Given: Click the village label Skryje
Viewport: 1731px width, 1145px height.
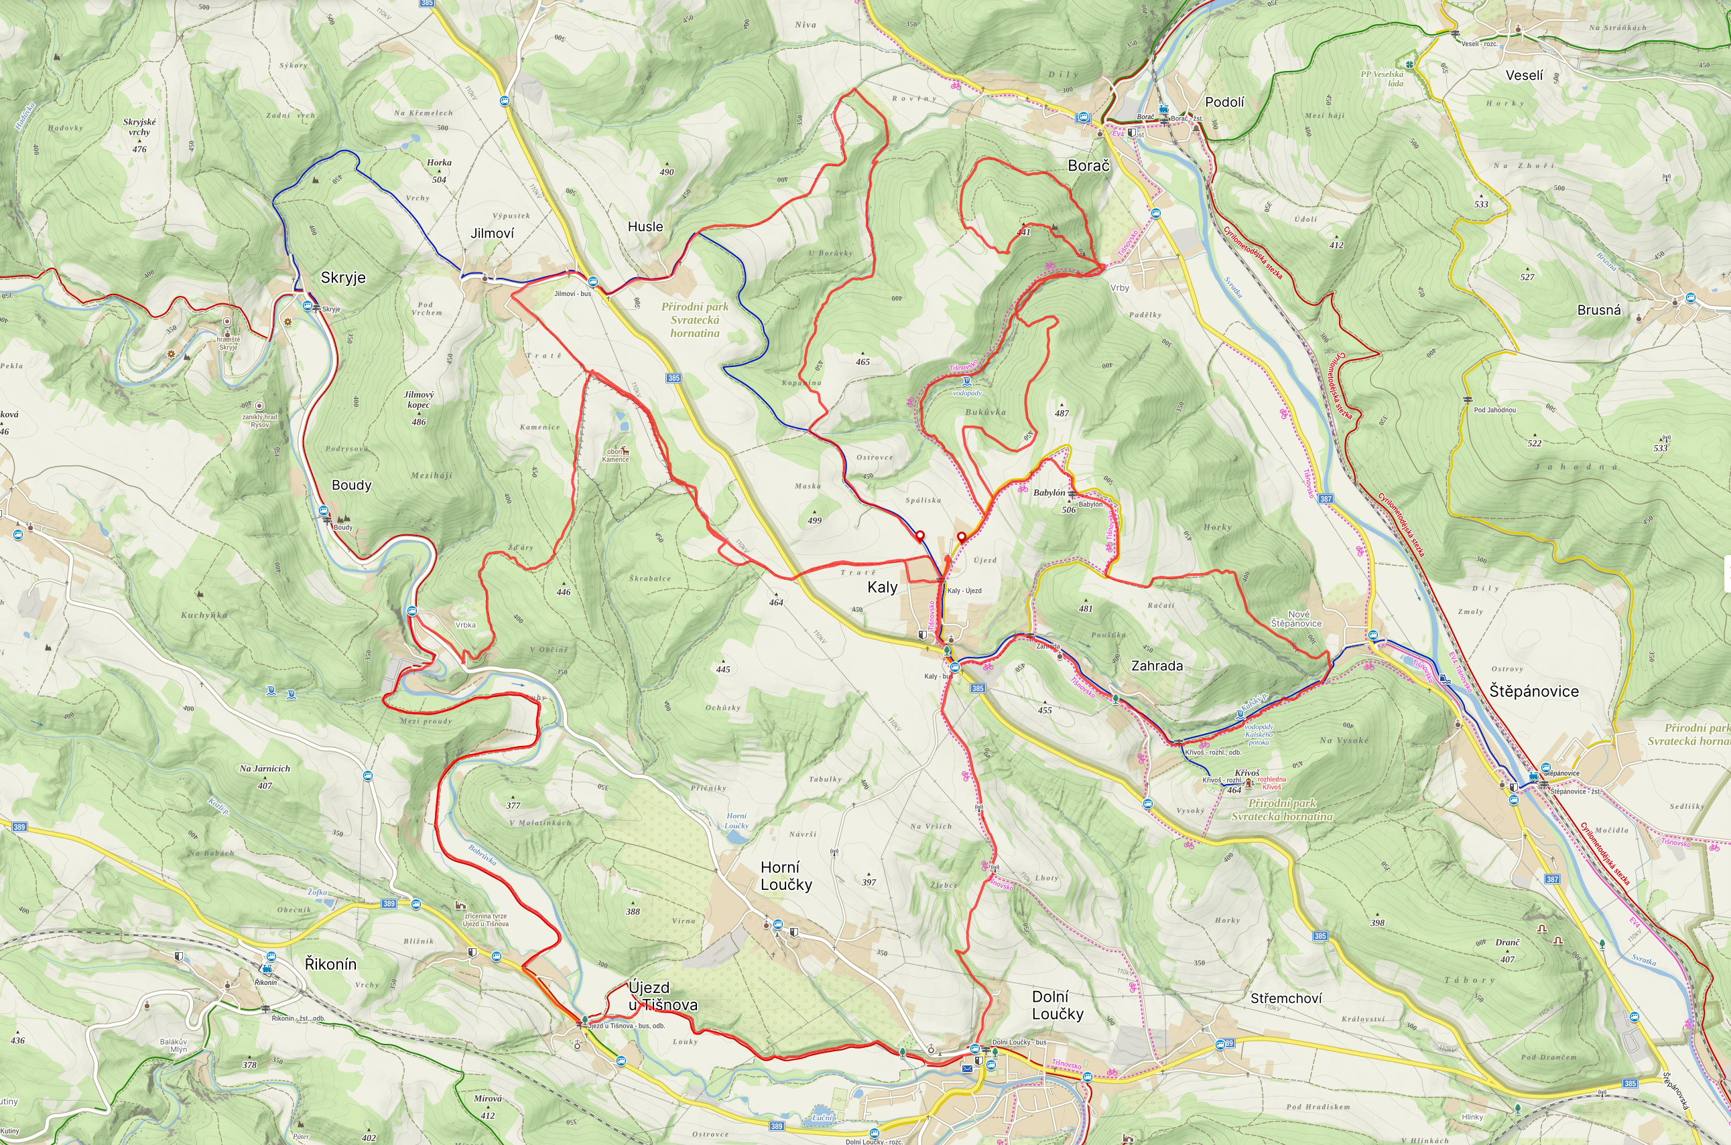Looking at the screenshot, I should (342, 277).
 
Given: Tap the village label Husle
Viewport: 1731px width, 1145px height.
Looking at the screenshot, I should (645, 226).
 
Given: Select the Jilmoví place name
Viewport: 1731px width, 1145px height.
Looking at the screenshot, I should (492, 233).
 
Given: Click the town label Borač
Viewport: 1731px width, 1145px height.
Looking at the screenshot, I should (1088, 166).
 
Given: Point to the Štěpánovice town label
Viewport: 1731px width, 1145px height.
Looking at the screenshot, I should (1534, 691).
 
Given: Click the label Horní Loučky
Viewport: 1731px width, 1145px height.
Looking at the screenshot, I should (785, 876).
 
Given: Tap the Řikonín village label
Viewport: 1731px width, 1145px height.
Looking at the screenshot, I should (330, 964).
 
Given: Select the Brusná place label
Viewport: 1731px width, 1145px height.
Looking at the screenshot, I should (1599, 309).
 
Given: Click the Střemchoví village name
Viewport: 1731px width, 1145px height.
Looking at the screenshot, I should (1286, 998).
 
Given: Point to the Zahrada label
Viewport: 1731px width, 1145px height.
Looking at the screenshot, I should (1157, 666).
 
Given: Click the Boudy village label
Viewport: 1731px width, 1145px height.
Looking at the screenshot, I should (351, 485).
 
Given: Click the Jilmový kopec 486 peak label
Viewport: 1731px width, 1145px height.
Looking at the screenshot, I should (419, 406).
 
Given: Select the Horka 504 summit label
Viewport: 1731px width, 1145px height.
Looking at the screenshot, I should (439, 170).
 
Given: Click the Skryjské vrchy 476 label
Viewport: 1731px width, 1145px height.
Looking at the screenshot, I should (139, 134).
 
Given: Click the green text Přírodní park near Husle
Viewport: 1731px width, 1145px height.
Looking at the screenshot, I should (695, 307).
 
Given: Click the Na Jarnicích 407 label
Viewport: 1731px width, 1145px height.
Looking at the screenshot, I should (265, 775).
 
